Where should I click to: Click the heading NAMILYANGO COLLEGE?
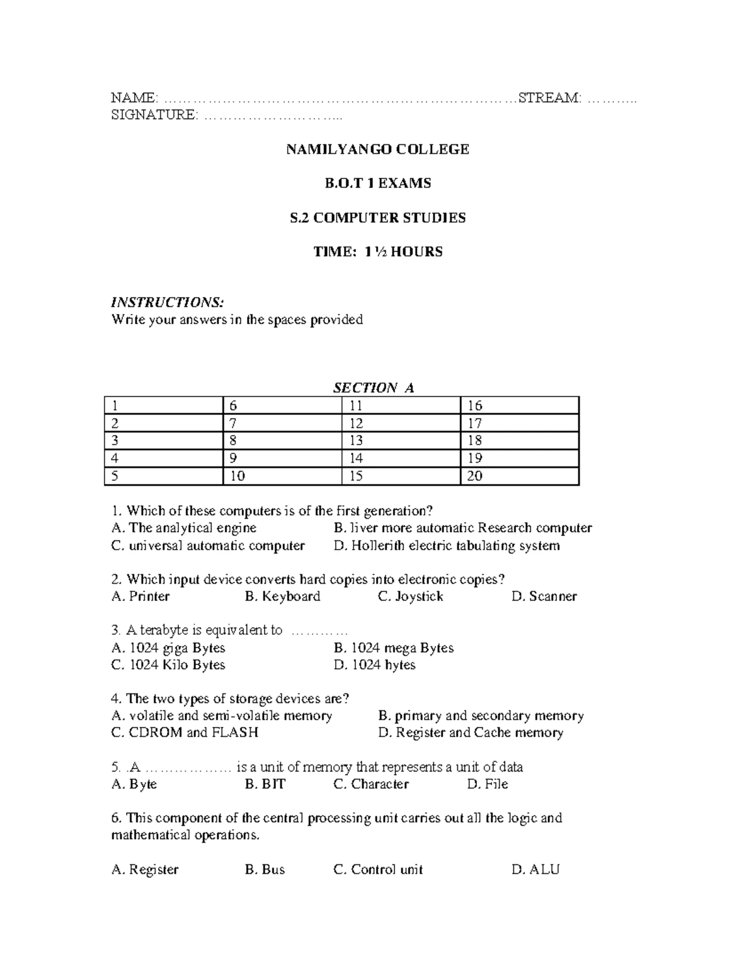click(377, 149)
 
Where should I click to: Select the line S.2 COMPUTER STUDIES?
click(377, 218)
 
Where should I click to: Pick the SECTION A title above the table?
click(373, 388)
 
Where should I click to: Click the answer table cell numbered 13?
click(401, 441)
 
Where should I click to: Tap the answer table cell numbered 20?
click(519, 476)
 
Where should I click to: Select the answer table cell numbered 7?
click(282, 423)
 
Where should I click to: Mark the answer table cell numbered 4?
click(164, 458)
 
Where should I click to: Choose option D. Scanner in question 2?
click(544, 596)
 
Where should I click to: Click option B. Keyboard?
click(282, 596)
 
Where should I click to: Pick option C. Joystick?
click(410, 596)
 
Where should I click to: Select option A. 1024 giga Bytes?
click(168, 648)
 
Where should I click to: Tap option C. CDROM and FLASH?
click(185, 733)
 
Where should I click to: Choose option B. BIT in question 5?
click(265, 784)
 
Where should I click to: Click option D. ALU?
click(535, 870)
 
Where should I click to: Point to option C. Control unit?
click(377, 870)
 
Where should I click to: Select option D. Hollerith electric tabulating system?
click(446, 545)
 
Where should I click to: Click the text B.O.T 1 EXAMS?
click(377, 183)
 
